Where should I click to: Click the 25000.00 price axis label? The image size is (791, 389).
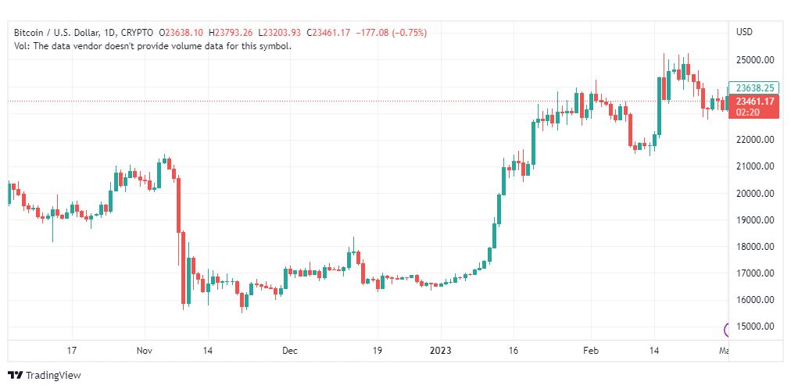(x=755, y=59)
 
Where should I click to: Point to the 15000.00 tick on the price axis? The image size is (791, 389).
(x=755, y=327)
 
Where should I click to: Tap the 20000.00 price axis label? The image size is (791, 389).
(x=755, y=193)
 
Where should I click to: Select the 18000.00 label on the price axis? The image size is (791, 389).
(x=755, y=247)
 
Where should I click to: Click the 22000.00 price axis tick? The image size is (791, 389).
(x=755, y=140)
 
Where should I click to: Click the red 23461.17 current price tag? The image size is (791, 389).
(x=754, y=102)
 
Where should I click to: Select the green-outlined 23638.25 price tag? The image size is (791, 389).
(x=754, y=88)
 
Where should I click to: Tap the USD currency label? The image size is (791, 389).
(x=744, y=32)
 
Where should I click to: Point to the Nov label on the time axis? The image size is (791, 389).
(x=144, y=351)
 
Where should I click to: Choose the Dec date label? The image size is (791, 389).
(x=290, y=351)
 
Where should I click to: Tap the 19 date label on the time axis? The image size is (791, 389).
(x=377, y=351)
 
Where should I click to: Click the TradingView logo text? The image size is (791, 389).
(x=53, y=376)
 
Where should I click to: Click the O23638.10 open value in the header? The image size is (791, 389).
(x=181, y=32)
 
